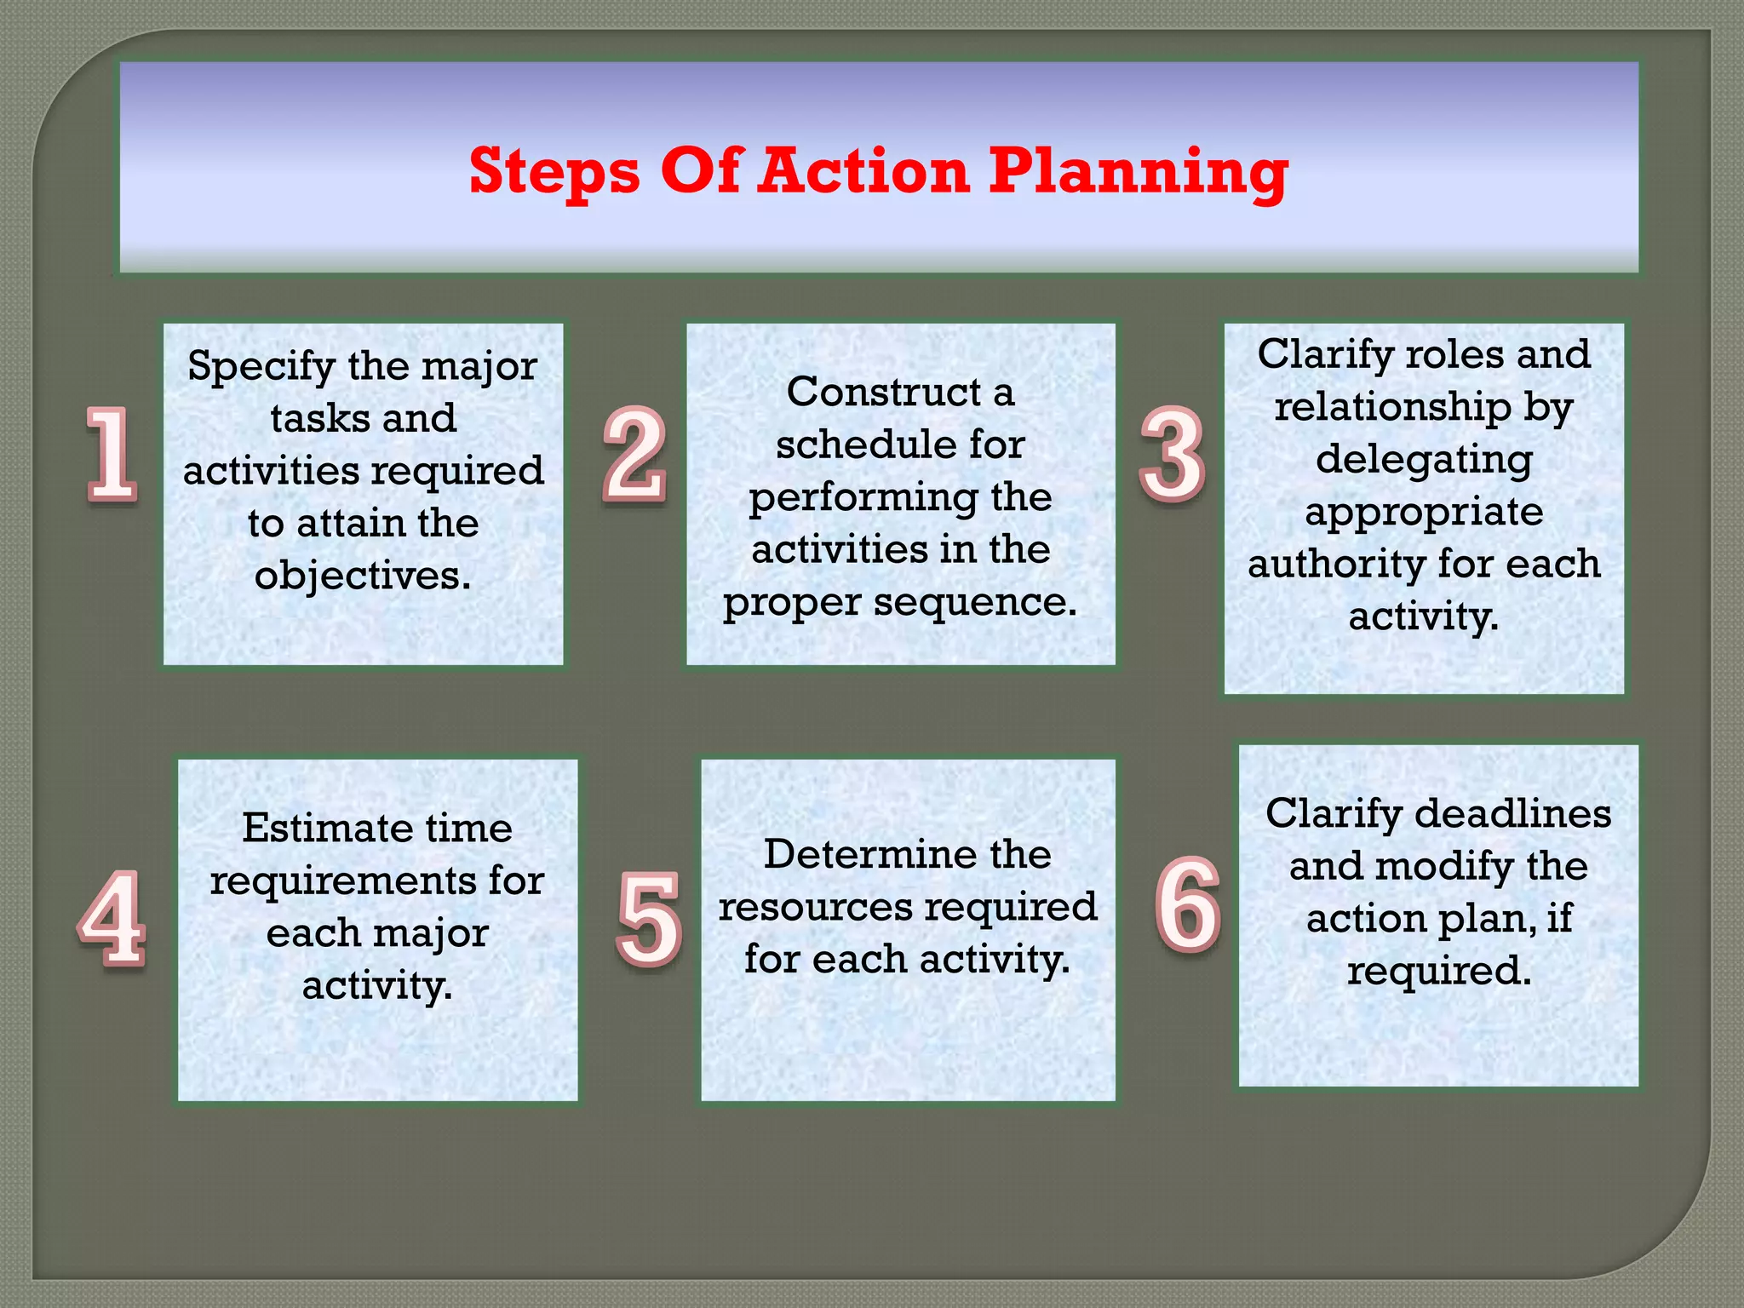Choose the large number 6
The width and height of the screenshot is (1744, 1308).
coord(1187,904)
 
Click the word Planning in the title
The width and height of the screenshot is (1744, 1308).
coord(1138,172)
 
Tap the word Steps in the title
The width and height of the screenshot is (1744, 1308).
coord(554,172)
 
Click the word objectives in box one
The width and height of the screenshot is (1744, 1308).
coord(362,577)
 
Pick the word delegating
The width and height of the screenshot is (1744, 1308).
coord(1424,461)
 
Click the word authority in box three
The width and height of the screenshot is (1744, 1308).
coord(1335,565)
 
